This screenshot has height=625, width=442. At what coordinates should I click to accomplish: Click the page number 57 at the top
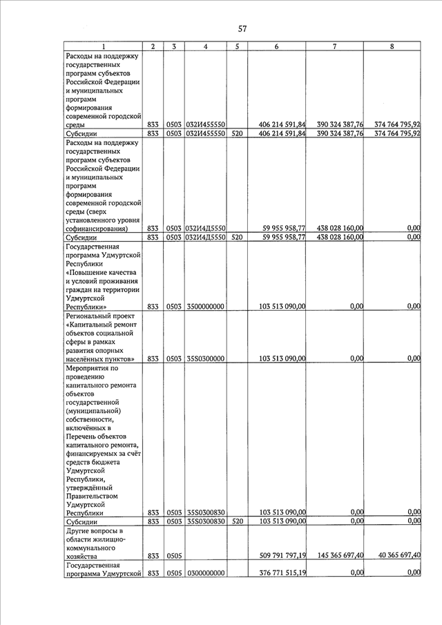coord(242,29)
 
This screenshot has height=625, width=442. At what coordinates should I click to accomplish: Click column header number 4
coord(206,46)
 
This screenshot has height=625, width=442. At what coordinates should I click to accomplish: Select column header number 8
coord(392,46)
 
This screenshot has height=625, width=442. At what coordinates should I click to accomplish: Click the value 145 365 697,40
coord(335,555)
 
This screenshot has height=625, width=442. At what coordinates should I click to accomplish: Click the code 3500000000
coord(205,306)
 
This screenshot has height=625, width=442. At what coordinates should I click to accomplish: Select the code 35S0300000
coord(205,358)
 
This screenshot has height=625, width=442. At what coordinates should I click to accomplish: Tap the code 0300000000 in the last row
coord(205,573)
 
